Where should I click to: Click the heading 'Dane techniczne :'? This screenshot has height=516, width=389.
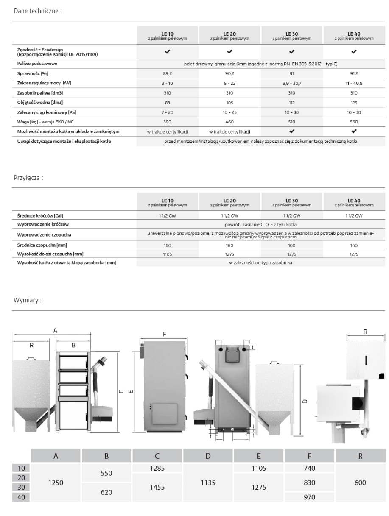(38, 11)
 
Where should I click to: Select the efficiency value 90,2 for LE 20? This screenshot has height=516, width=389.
(229, 73)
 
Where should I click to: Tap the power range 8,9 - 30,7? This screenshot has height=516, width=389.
(292, 83)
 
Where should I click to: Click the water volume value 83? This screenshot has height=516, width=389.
(167, 103)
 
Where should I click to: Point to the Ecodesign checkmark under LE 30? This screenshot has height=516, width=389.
(292, 52)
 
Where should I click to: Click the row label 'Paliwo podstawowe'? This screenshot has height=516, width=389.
(35, 64)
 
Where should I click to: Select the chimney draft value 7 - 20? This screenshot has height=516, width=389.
(167, 112)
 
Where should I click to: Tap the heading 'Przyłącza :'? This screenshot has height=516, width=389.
(28, 178)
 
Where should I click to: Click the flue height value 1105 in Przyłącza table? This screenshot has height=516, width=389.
(167, 254)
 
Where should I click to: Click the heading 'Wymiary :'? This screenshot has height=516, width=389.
(28, 299)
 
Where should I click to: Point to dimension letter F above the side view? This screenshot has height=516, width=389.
(164, 334)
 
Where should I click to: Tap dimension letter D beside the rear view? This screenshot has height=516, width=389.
(306, 401)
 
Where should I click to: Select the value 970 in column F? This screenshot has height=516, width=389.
(310, 497)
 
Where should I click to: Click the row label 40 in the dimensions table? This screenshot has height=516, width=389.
(22, 497)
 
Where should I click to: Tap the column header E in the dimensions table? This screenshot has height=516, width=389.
(259, 456)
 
